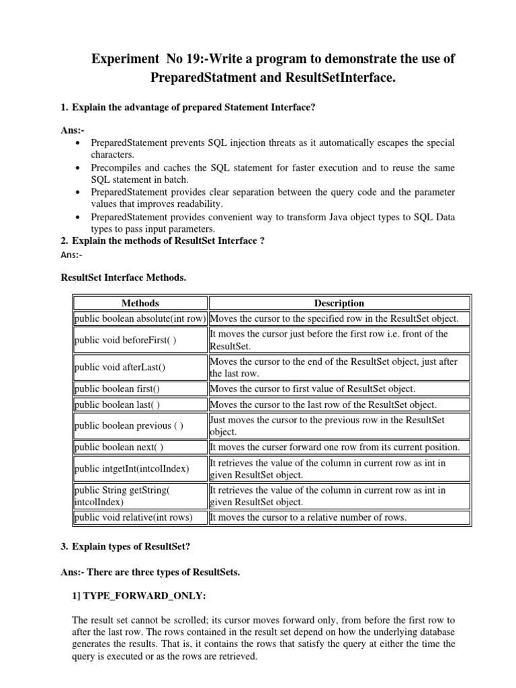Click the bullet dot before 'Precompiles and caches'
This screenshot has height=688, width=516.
tap(80, 168)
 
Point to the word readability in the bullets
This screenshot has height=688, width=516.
tap(197, 204)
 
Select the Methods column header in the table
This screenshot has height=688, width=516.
tap(140, 303)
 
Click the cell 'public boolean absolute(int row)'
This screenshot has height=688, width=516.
tap(140, 318)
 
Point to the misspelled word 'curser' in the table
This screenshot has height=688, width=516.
tap(265, 447)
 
